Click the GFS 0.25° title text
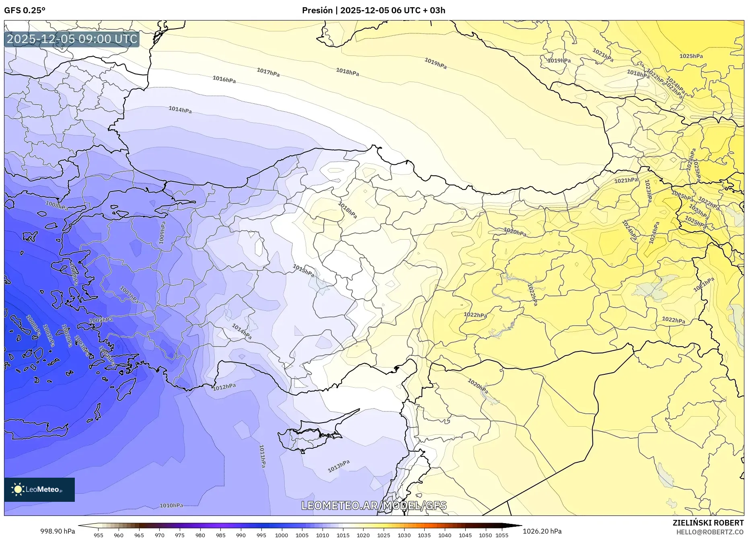25,10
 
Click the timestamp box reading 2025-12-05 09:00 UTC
72,39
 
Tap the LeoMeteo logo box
39,489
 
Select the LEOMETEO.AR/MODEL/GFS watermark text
374,505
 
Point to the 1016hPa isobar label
224,80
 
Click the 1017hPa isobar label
268,72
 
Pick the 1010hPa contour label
171,505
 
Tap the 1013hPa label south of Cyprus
339,466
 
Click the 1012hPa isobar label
224,387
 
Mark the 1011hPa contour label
262,456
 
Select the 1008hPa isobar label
57,205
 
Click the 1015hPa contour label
303,270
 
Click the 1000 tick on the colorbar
282,535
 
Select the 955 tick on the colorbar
99,535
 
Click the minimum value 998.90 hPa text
58,531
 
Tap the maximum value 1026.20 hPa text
542,531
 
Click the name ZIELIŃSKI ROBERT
708,523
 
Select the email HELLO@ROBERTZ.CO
710,532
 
